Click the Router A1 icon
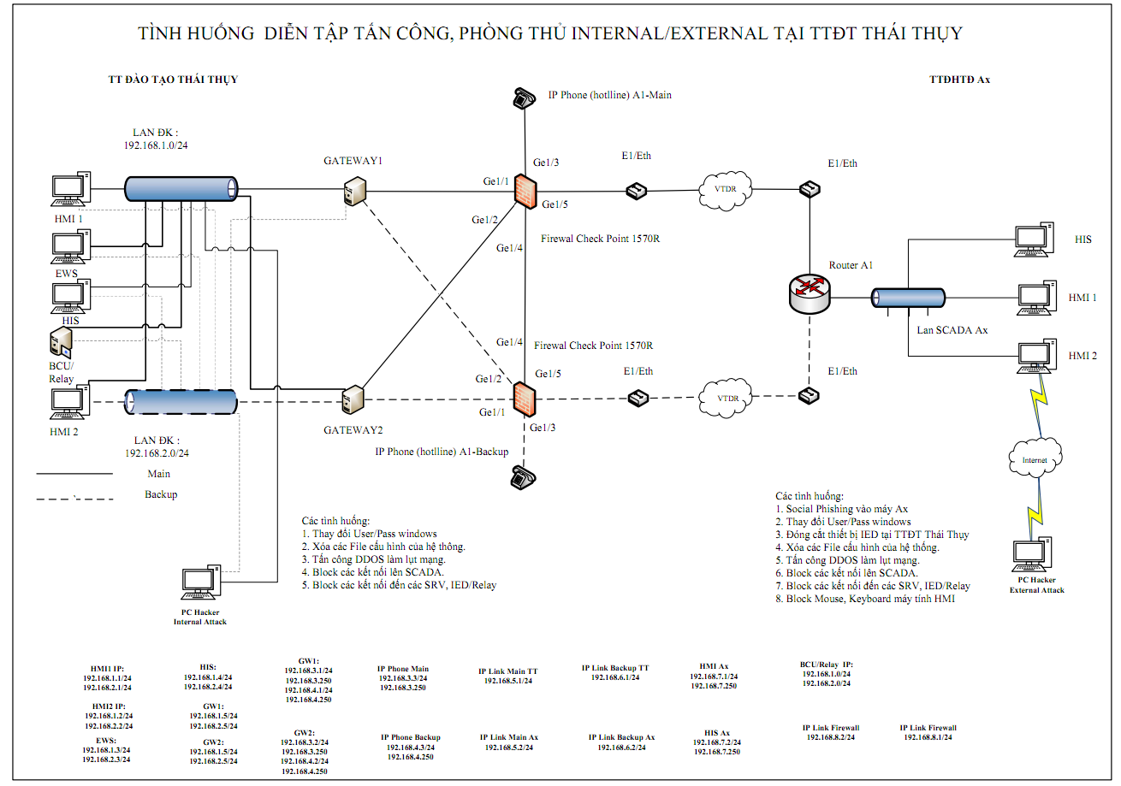810,292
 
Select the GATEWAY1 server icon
354,192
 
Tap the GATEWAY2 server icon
351,401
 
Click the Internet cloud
1034,459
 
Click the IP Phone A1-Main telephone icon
524,98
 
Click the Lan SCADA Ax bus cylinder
901,298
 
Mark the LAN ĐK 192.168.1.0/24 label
156,139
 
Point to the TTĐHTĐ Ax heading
959,80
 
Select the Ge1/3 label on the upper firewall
546,163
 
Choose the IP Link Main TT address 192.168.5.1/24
508,681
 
